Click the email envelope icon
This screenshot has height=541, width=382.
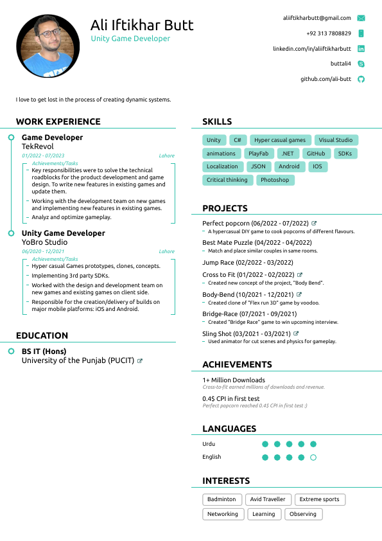tap(361, 18)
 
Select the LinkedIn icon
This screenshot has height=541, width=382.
tap(361, 49)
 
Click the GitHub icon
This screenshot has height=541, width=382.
tap(361, 79)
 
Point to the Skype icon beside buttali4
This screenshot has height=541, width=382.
tap(361, 64)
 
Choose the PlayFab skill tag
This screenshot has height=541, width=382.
tap(259, 154)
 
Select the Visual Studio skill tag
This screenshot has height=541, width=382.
tap(336, 140)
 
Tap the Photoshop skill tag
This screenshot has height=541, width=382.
tap(275, 181)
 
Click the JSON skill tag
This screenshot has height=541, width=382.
tap(258, 166)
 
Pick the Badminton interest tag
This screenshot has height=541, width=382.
tap(222, 499)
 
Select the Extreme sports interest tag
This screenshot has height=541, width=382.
tap(319, 499)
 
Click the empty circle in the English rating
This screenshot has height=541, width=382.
tap(313, 457)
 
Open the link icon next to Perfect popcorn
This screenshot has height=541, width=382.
tap(314, 224)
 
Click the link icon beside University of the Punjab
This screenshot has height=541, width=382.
tap(140, 361)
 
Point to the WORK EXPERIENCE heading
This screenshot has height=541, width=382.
tap(58, 121)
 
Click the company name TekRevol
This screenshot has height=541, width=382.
tap(38, 146)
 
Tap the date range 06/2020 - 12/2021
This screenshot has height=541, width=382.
tap(43, 252)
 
